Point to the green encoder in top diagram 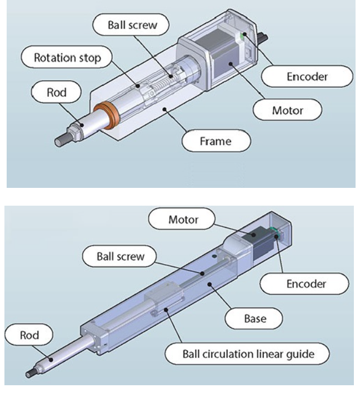243,37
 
